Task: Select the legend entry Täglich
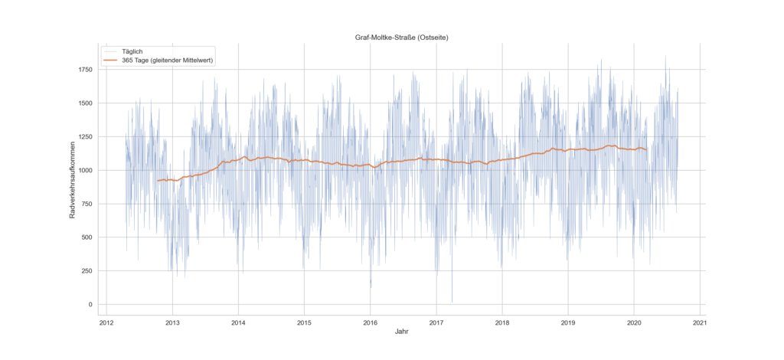(132, 51)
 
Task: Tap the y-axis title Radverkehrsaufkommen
(73, 180)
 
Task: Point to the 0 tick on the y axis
(90, 305)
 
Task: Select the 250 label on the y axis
(86, 271)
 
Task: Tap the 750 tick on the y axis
(86, 204)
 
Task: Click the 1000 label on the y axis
(83, 170)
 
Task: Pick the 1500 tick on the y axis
(83, 103)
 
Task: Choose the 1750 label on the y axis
(83, 70)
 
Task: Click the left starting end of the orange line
(157, 181)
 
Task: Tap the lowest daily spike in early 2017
(452, 302)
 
